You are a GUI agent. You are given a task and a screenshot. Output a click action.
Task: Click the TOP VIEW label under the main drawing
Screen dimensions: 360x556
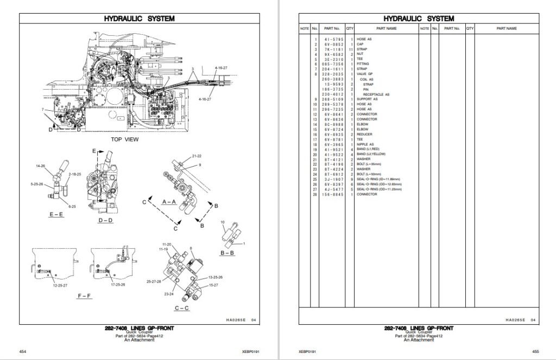[x=124, y=140]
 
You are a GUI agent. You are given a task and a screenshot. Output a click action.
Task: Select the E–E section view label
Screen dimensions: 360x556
[x=58, y=215]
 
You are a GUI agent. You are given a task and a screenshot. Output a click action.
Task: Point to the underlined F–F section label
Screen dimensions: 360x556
[x=85, y=296]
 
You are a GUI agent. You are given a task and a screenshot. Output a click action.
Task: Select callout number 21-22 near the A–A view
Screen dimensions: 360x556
[x=196, y=156]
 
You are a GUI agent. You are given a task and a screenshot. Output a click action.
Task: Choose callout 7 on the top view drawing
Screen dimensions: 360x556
[x=42, y=110]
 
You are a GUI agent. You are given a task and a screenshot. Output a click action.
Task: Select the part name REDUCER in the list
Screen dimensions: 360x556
[x=364, y=134]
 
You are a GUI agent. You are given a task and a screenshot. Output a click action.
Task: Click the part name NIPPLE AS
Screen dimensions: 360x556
[x=365, y=144]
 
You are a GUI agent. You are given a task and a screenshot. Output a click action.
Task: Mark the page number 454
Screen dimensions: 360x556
[x=23, y=352]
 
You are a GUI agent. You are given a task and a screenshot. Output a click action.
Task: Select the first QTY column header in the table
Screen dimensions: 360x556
[x=350, y=28]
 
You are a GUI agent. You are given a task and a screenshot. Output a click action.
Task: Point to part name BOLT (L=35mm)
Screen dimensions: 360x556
[x=369, y=164]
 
